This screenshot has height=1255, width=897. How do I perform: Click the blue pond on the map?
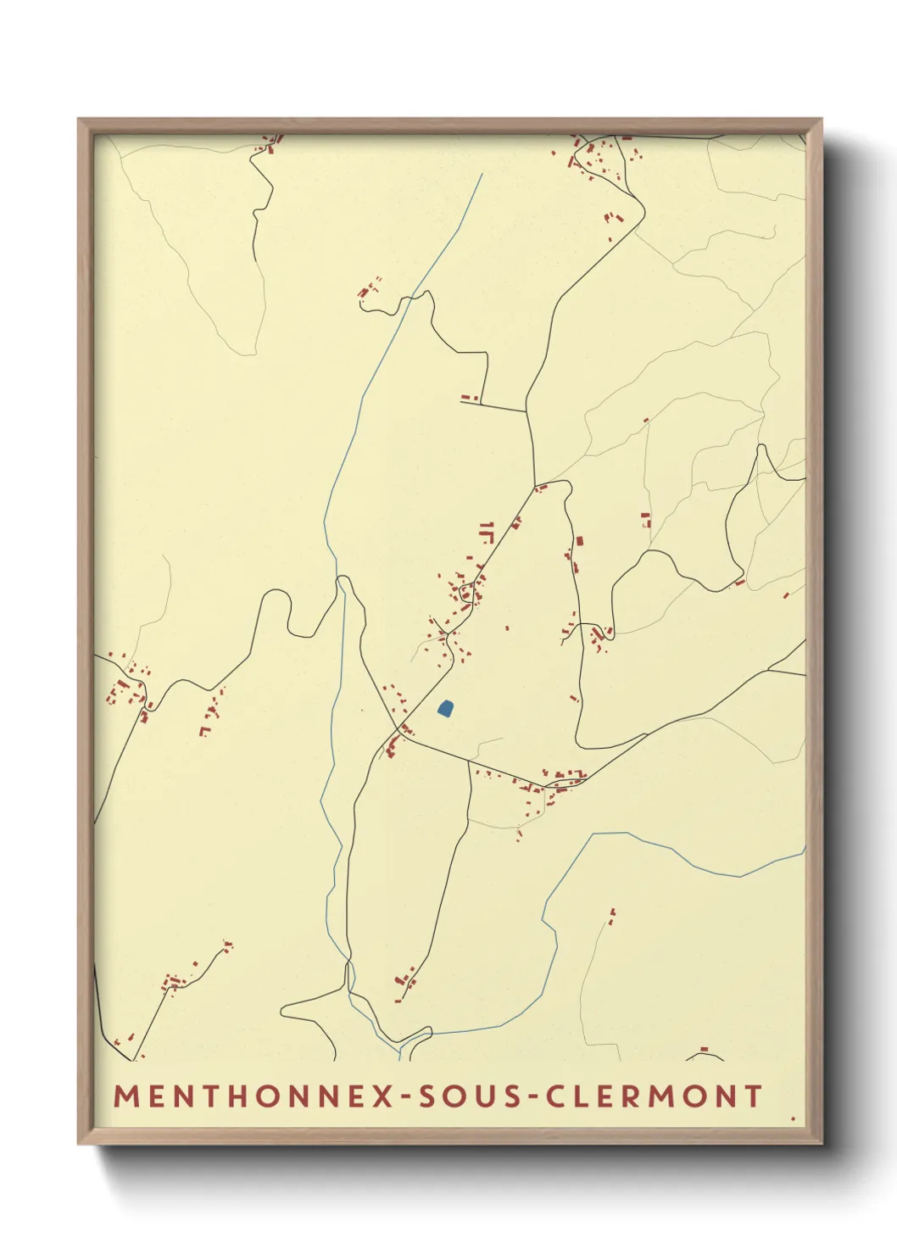(x=446, y=707)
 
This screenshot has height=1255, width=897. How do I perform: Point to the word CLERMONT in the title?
(x=654, y=1096)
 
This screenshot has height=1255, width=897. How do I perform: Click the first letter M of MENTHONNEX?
(x=127, y=1096)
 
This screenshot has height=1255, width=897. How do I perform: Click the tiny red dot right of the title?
(x=793, y=1118)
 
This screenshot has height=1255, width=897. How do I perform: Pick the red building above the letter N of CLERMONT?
(x=704, y=1049)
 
